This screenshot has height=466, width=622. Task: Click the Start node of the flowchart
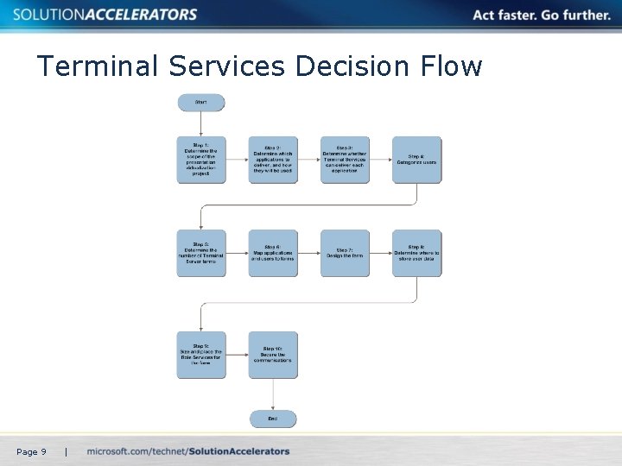(200, 103)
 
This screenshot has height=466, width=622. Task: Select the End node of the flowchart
(273, 419)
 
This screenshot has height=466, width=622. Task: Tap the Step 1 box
(200, 160)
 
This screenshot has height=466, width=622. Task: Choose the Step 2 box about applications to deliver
(273, 160)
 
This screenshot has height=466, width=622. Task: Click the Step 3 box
(345, 160)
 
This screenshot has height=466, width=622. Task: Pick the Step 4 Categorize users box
(416, 160)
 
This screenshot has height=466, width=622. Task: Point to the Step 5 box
(200, 253)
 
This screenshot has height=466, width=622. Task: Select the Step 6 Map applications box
(273, 253)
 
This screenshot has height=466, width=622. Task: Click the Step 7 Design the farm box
(345, 253)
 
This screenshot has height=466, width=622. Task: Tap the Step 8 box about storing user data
(416, 253)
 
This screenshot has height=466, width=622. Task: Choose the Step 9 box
(200, 355)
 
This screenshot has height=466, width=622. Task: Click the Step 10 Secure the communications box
(273, 355)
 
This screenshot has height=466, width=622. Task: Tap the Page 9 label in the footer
(31, 451)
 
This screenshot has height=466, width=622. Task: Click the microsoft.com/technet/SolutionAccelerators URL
(188, 451)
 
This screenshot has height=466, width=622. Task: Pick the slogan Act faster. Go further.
(541, 15)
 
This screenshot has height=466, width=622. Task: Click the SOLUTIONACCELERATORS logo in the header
(105, 15)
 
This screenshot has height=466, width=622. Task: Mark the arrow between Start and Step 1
(200, 124)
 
